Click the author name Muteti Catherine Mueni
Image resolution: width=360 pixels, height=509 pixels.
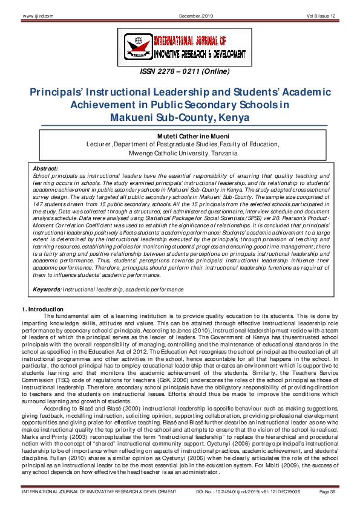point(180,137)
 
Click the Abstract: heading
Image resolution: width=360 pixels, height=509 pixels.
point(45,168)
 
